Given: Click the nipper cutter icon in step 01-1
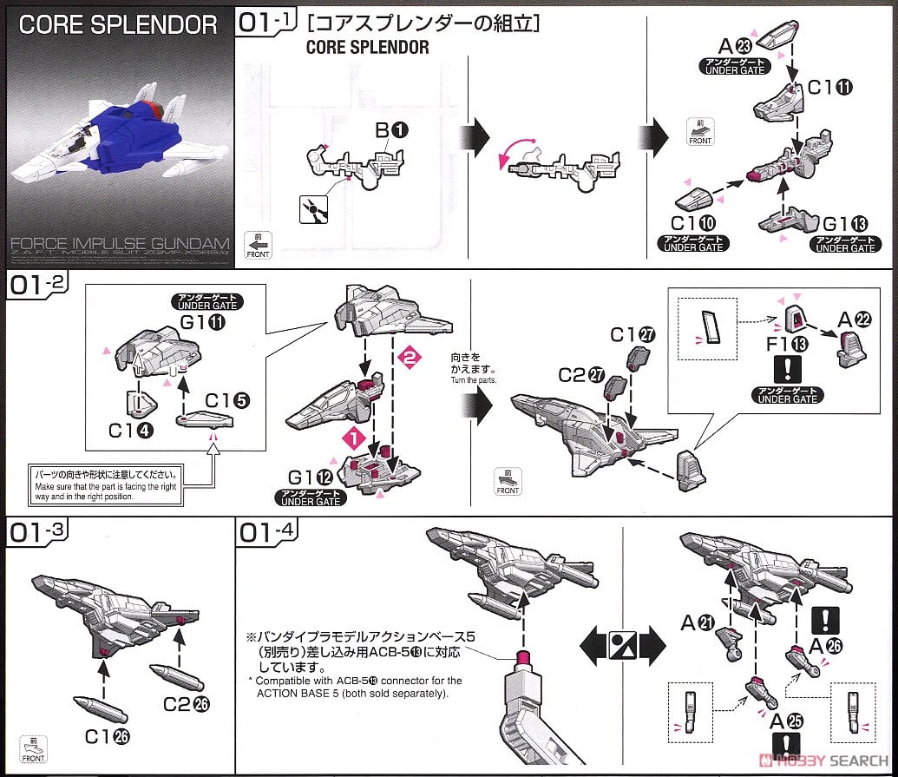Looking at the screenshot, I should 308,208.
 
